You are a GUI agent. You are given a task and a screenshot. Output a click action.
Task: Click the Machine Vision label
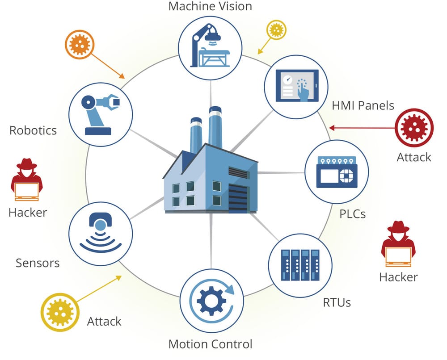pos(210,6)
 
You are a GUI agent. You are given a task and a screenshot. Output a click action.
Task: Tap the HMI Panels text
pos(363,105)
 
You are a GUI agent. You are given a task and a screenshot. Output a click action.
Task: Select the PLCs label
pos(352,213)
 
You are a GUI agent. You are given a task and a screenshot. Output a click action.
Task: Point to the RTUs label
pos(337,302)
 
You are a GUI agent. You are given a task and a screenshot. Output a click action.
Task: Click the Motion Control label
pos(210,344)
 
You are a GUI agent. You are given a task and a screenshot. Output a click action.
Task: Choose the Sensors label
pos(38,263)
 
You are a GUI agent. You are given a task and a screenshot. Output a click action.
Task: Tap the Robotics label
pos(33,130)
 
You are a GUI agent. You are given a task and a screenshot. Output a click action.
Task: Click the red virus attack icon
pos(414,129)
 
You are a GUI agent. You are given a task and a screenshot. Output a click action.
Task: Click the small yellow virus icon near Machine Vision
pos(276,29)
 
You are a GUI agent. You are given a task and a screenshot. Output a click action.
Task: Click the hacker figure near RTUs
pos(398,244)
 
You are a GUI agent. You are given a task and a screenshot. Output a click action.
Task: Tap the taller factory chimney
pos(215,127)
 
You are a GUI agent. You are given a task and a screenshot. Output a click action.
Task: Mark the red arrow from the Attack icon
pos(362,129)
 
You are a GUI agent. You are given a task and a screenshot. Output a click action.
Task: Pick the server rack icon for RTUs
pos(300,265)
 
